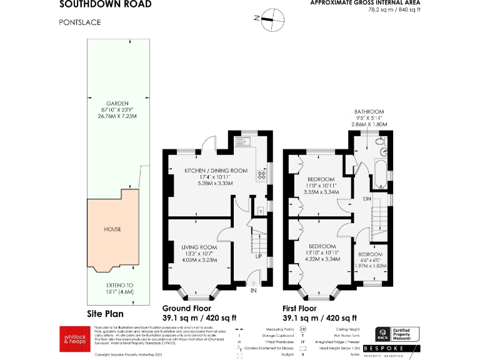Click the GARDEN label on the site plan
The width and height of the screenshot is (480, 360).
117,103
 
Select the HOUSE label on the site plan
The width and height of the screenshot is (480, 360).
112,229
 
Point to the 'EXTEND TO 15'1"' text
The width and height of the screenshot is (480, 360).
117,288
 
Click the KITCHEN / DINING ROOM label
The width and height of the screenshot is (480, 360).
215,171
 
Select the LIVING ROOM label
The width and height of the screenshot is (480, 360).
199,247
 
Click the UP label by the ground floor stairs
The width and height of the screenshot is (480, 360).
258,256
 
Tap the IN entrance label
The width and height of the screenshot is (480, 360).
254,291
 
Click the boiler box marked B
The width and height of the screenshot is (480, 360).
261,212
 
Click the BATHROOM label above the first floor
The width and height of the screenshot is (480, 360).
369,111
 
